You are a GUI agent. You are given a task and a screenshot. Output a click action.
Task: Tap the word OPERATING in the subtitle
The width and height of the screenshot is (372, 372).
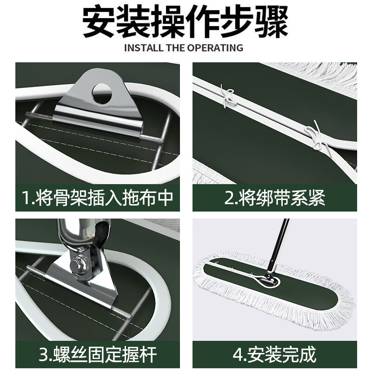click(219, 47)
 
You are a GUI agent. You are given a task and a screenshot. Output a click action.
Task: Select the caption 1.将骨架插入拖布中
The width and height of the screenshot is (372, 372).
click(98, 198)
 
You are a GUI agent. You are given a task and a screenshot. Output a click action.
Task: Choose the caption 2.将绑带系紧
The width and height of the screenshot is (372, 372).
click(274, 198)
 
